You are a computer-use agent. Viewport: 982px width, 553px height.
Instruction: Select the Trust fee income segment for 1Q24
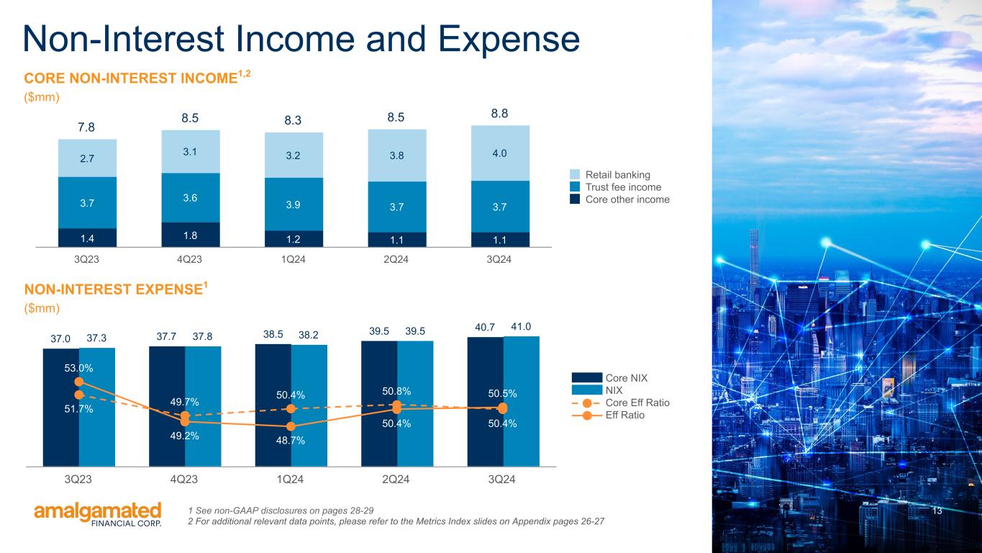(294, 204)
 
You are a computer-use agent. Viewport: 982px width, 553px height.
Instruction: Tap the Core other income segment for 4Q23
(191, 234)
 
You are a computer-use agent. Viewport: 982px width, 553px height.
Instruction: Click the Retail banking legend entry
(617, 175)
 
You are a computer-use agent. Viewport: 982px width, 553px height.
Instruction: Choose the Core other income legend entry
(627, 199)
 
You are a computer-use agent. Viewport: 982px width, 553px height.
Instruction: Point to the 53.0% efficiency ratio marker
(79, 382)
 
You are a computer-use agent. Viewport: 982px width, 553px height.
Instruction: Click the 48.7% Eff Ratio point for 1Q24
(291, 426)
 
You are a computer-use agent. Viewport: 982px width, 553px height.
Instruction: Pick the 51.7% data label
(78, 410)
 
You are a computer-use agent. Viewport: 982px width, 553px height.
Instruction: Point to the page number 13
(937, 511)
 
